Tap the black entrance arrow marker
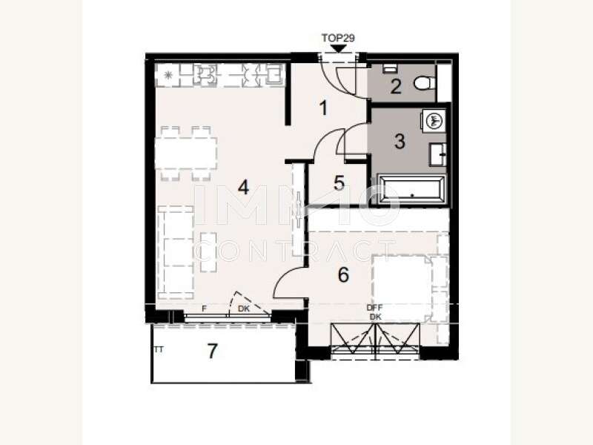(x=339, y=49)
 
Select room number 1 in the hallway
(x=323, y=108)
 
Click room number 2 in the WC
(x=396, y=87)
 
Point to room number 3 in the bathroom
(x=400, y=141)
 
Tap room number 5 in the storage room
(x=339, y=182)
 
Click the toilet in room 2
(x=424, y=83)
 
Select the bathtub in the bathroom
(x=411, y=190)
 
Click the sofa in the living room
(x=177, y=248)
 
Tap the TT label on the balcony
(x=158, y=348)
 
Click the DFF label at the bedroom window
(x=375, y=308)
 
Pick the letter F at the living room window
(x=203, y=309)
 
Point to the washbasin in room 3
(x=437, y=154)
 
